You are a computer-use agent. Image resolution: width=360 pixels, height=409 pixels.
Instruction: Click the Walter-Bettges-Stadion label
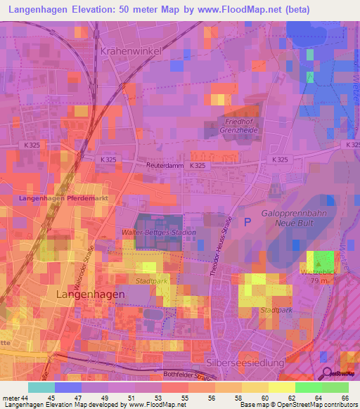point(157,232)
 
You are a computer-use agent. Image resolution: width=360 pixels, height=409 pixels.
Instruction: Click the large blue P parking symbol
point(247,221)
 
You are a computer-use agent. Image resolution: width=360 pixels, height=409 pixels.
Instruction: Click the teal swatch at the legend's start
point(41,387)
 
